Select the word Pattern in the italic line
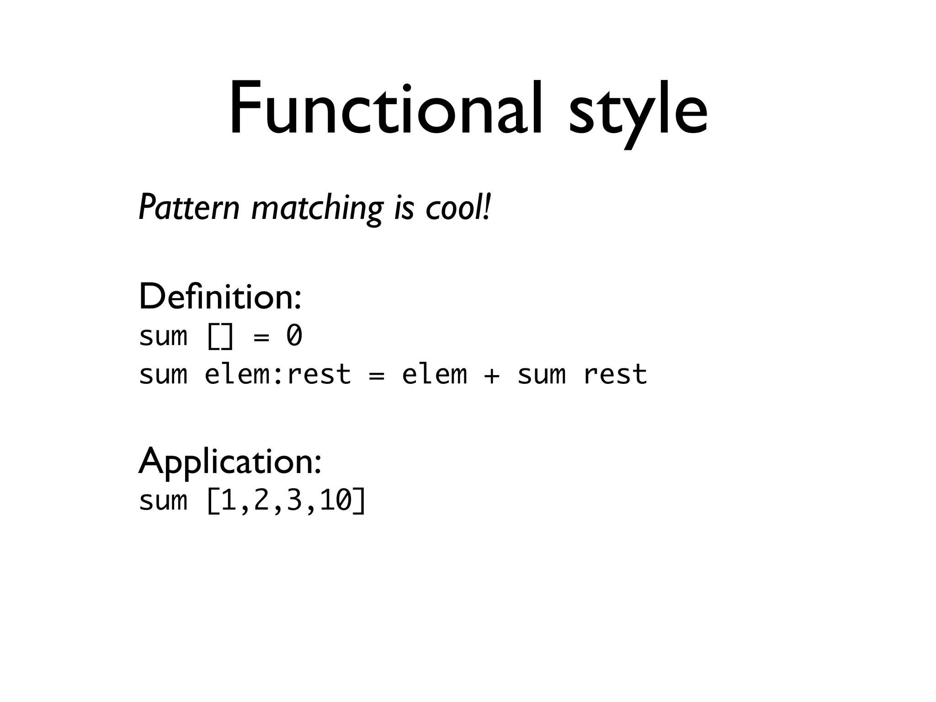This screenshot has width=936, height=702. [189, 208]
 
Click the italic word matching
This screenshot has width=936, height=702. [317, 209]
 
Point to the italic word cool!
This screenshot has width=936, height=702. [458, 208]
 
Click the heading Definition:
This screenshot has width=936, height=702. [220, 297]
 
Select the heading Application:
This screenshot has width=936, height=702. [230, 462]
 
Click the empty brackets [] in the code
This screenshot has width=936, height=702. [220, 336]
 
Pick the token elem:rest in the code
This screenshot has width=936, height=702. [277, 374]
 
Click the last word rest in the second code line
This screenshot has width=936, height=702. [615, 374]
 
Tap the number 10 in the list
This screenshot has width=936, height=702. [335, 500]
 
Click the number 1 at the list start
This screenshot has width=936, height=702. [229, 500]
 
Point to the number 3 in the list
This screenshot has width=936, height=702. [294, 500]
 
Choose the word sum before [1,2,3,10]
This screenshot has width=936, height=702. [163, 501]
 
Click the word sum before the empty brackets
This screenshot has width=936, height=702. [163, 336]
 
